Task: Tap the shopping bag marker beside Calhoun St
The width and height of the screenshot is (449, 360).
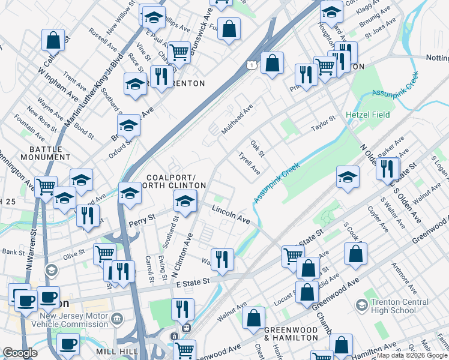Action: point(53,40)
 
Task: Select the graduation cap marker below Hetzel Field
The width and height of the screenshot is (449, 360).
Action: point(348,176)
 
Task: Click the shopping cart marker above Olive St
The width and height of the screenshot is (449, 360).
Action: point(104,254)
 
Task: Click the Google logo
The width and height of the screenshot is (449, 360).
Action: point(20,353)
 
